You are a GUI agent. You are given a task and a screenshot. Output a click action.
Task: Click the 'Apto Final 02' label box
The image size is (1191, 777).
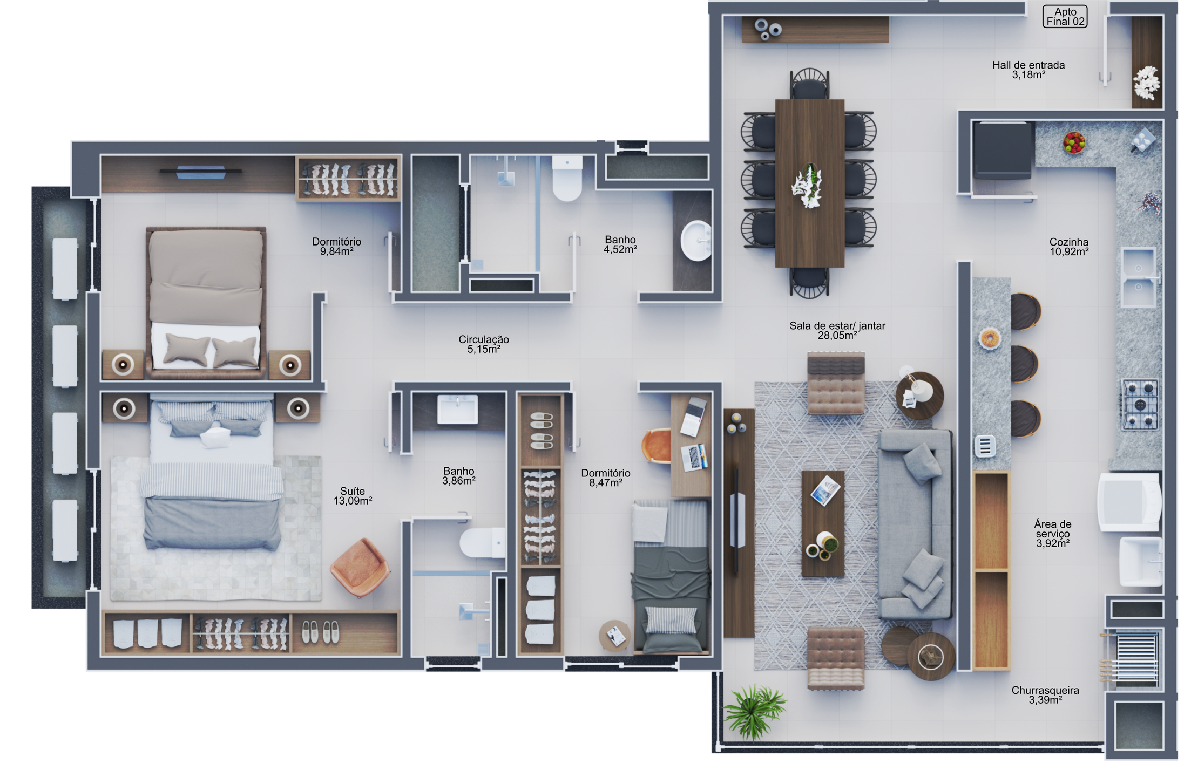point(1065,17)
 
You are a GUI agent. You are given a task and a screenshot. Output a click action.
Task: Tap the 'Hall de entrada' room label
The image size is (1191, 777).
point(1028,65)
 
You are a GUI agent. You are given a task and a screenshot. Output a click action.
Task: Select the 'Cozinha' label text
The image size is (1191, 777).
point(1068,242)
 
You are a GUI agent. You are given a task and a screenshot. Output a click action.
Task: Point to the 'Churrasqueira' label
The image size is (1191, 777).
point(1045,690)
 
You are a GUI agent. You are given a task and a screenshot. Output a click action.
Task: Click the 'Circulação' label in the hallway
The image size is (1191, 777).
point(484,339)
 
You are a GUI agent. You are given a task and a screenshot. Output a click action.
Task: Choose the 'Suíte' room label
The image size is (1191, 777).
point(352,491)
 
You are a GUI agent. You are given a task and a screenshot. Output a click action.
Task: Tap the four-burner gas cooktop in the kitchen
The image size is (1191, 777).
point(1140,404)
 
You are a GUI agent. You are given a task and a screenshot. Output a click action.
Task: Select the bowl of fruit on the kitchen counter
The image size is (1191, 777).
point(1074,142)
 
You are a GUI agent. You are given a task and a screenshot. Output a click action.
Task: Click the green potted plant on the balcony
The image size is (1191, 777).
point(754,711)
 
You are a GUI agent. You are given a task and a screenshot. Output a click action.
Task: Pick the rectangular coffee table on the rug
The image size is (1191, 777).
point(822,523)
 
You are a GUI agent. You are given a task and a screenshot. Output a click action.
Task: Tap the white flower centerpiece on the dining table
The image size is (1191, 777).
point(808,186)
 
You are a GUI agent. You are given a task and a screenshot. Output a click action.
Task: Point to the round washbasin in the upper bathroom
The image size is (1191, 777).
point(696,241)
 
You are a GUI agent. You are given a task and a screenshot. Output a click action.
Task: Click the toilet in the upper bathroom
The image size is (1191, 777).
point(567,178)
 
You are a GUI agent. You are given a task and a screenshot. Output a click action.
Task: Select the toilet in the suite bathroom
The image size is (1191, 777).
point(483,543)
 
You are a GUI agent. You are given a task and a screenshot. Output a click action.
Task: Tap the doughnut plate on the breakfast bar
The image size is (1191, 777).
point(989,339)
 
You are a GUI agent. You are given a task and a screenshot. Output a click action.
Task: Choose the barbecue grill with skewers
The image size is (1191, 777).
point(1131,659)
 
